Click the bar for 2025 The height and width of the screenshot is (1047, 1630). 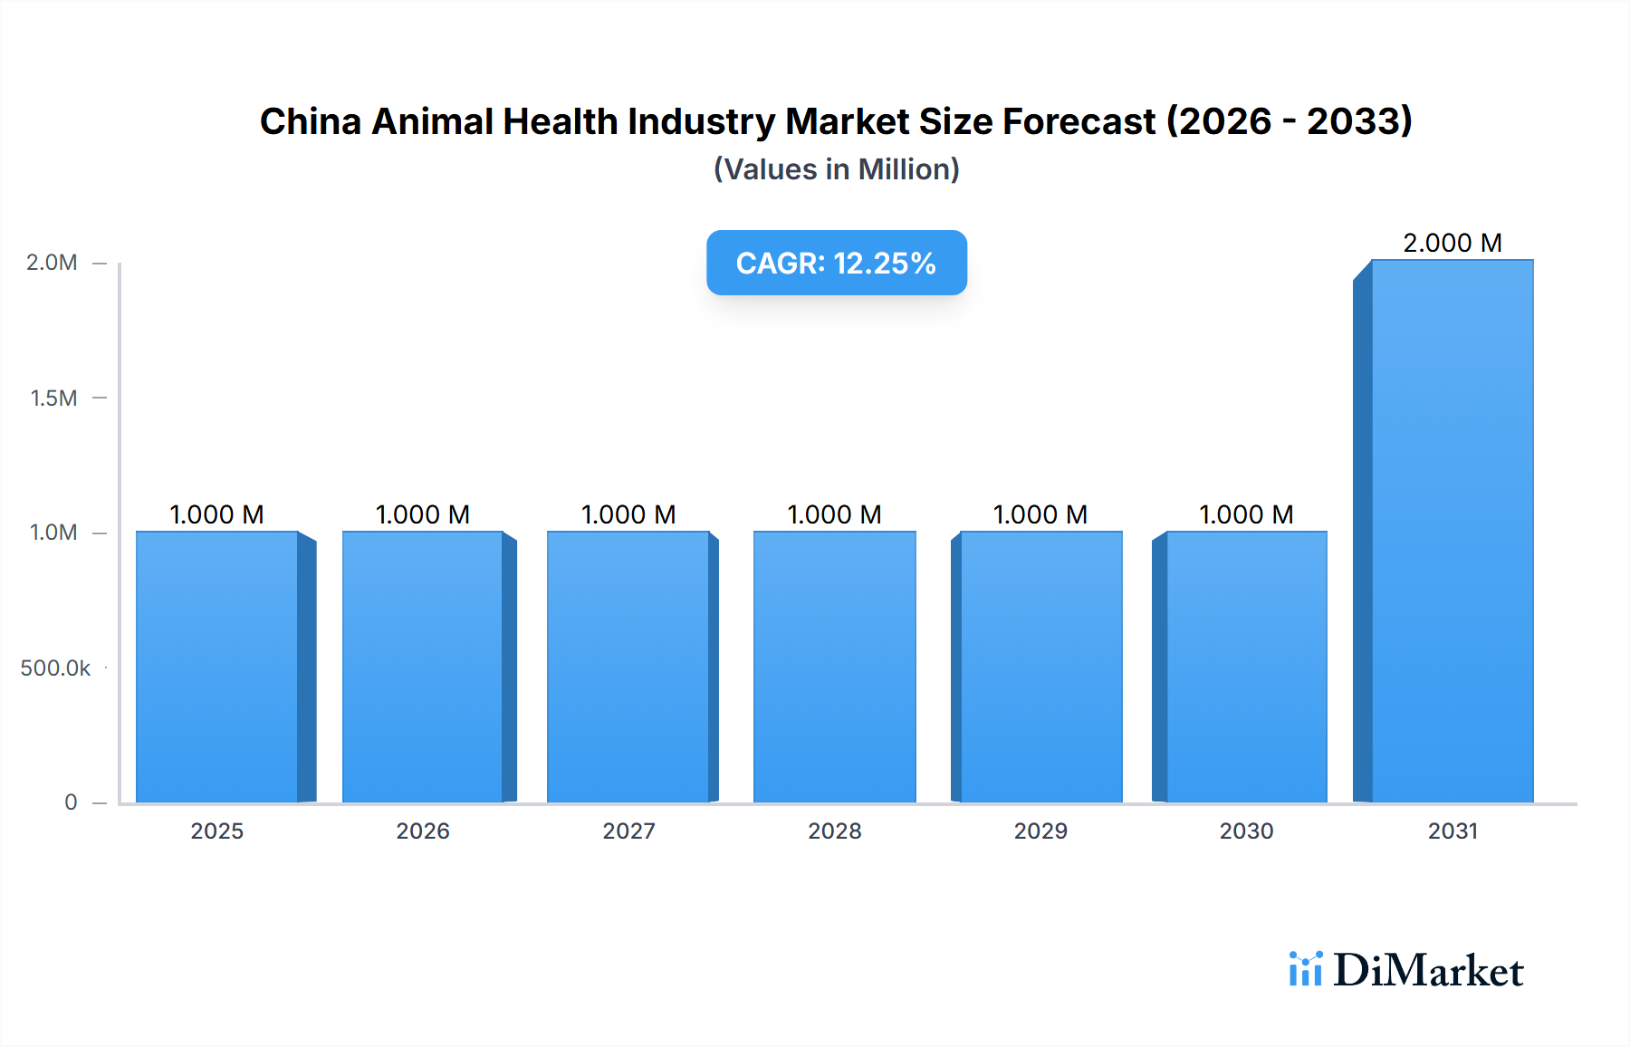217,667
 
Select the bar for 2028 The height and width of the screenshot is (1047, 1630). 834,667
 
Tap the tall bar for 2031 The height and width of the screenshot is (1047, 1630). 1452,531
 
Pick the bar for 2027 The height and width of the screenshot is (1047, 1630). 628,667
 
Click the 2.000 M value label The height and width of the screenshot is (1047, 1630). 1452,243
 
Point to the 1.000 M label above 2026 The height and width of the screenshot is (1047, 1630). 422,514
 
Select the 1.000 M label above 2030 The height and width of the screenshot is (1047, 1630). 1246,514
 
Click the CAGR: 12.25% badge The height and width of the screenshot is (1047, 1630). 836,263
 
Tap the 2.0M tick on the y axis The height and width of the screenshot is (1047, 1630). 52,263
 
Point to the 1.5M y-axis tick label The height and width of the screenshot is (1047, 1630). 53,398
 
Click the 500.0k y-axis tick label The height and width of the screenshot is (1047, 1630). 55,668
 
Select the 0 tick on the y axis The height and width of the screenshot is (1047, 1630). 71,802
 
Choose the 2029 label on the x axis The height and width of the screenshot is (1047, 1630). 1040,831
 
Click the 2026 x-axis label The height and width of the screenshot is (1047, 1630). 422,831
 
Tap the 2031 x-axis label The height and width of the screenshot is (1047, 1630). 1453,831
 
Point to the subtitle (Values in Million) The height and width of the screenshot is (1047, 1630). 836,169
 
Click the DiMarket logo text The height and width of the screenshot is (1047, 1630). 1428,971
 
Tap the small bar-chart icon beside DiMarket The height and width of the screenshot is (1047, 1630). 1305,969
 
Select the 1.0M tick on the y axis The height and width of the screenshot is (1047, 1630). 53,533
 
